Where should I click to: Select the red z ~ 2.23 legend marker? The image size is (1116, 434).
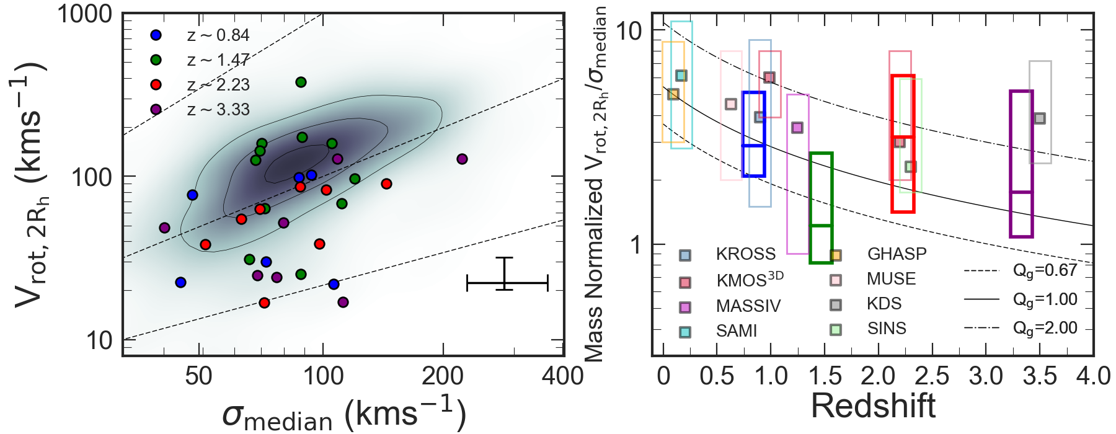pos(156,85)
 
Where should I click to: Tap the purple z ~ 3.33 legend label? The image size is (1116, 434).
pos(218,110)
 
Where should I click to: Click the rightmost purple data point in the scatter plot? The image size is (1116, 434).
pos(462,159)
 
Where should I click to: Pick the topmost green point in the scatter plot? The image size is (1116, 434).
pos(301,82)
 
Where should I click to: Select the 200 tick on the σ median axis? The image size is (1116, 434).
pos(443,376)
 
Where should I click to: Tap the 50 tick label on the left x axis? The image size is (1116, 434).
pos(199,376)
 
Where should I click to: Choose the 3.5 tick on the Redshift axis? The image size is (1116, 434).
pos(1040,376)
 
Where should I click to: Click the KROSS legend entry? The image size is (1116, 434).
pos(745,254)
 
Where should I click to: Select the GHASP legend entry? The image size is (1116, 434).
pos(897,254)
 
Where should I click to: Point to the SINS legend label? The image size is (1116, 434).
pos(887,329)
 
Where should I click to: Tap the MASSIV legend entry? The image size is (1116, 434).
pos(748,306)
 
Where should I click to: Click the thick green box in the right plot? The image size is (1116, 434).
pos(821,208)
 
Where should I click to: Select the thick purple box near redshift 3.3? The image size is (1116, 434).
pos(1021,164)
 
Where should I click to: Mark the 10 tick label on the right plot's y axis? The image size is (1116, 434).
pos(629,30)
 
